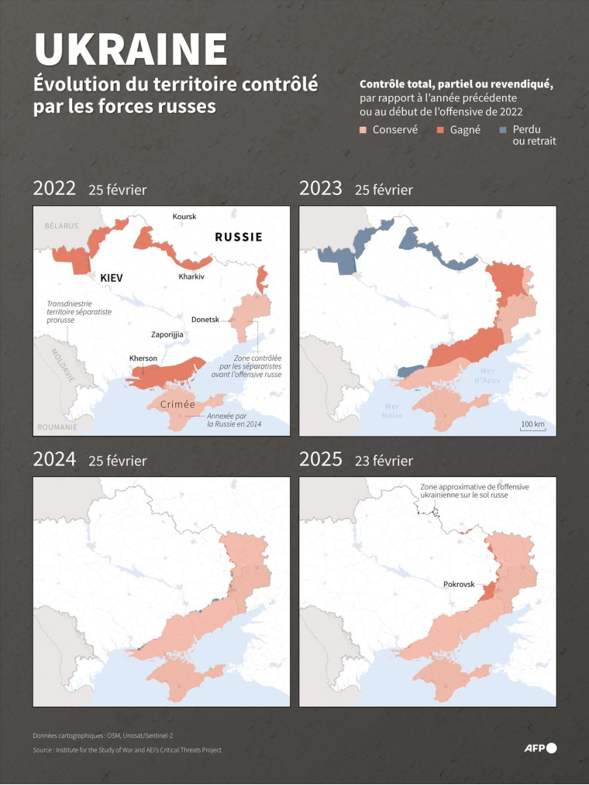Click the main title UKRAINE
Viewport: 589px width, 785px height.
point(131,49)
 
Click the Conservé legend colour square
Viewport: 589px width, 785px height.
point(363,130)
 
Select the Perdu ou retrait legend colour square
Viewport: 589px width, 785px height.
point(505,130)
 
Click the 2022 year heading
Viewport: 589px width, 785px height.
point(54,189)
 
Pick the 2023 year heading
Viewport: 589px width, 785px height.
point(321,189)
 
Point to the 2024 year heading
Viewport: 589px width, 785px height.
point(54,459)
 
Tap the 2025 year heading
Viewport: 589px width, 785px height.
point(321,459)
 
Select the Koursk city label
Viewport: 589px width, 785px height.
point(184,217)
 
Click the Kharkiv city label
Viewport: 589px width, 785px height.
point(191,276)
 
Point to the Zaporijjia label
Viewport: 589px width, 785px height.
point(167,334)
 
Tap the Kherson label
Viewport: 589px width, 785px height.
point(144,358)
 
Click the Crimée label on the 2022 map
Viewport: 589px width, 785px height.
point(177,405)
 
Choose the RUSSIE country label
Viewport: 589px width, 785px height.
point(238,237)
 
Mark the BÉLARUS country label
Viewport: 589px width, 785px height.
point(61,226)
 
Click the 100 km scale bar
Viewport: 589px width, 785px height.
point(532,426)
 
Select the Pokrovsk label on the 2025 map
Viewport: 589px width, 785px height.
point(459,584)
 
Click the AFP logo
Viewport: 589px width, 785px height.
point(540,747)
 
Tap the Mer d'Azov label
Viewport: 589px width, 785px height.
point(487,376)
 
